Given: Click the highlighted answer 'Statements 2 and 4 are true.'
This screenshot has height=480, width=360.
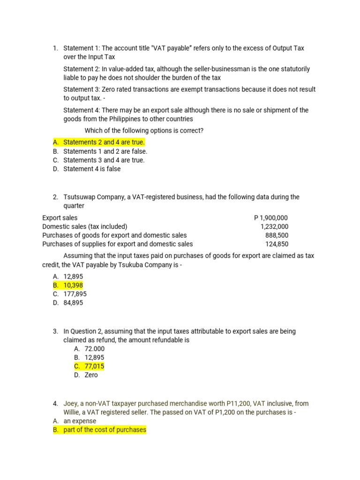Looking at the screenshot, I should coord(104,142).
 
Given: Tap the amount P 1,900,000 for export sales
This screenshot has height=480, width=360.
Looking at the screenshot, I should coord(271,217).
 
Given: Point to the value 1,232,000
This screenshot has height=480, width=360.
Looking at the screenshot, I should coord(274,226).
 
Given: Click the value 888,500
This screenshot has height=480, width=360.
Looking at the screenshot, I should coord(277,235).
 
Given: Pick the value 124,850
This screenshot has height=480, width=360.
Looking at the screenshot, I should coord(277,244).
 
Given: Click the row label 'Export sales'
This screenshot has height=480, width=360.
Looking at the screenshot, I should coord(60,217).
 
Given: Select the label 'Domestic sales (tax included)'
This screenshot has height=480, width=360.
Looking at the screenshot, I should coord(84,226).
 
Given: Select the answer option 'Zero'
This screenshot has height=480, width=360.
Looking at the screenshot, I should coord(91,375).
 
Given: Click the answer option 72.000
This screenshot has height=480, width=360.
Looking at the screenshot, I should coord(95,349).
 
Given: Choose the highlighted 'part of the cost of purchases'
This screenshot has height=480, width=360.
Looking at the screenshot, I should coord(105,430).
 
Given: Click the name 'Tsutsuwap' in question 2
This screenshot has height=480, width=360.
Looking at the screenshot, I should coord(80,197).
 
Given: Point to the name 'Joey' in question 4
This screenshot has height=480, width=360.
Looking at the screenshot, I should coord(71,403).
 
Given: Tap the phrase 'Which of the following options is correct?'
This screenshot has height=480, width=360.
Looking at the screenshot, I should coord(144,130).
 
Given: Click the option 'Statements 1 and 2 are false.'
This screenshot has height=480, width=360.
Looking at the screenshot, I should coord(105,151).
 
